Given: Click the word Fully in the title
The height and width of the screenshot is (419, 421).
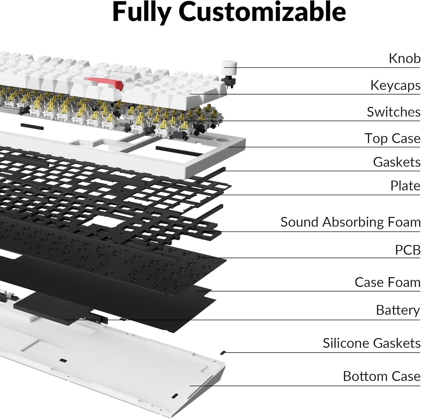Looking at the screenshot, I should click(142, 13).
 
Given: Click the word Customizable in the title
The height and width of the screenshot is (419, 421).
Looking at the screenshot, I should click(262, 13).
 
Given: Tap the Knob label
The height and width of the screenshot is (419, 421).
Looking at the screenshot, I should click(404, 58).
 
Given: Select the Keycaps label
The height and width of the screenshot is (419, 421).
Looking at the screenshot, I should click(395, 85).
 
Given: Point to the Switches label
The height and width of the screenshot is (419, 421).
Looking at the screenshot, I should click(393, 112).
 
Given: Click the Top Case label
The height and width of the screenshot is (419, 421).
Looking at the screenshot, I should click(392, 138).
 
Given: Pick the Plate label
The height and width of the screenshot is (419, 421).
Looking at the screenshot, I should click(405, 186).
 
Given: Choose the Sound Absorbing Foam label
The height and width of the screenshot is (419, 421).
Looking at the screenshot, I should click(350, 222).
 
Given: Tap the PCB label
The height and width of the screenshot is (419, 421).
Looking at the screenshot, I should click(408, 250).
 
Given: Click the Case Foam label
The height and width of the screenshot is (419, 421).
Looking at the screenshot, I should click(387, 282).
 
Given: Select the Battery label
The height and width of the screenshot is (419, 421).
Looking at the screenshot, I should click(398, 310).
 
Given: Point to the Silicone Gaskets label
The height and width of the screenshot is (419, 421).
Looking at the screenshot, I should click(371, 343).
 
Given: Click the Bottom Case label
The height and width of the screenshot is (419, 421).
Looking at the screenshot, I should click(381, 376).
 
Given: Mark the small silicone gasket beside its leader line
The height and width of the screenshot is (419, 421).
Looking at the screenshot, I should click(223, 352).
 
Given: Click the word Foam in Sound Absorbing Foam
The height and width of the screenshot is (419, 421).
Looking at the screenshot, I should click(404, 222).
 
